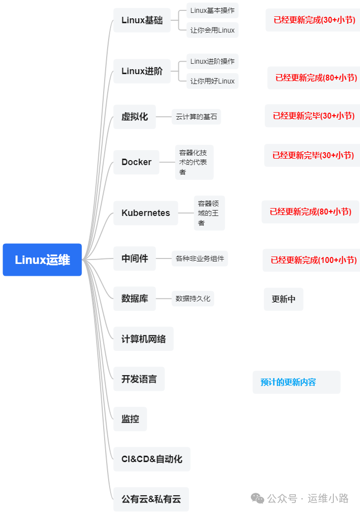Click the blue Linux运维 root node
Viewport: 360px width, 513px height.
click(42, 259)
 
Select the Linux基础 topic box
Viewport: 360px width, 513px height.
click(142, 20)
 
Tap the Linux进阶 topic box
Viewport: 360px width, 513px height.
click(142, 71)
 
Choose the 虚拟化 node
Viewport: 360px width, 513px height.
click(134, 117)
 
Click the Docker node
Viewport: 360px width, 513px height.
click(136, 162)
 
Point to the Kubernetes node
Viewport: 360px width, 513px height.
click(146, 213)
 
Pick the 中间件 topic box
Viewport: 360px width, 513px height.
click(134, 258)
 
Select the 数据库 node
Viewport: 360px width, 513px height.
click(134, 299)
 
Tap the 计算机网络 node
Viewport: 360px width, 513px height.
click(143, 339)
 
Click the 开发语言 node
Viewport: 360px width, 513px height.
click(139, 379)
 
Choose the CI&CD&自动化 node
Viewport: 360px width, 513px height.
click(152, 459)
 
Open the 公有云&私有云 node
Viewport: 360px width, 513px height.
click(151, 499)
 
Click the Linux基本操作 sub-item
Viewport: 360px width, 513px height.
click(212, 10)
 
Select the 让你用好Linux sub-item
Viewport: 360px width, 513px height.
click(212, 81)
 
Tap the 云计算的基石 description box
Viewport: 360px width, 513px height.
click(196, 117)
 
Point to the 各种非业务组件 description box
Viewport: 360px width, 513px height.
click(200, 258)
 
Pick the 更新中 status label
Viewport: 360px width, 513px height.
click(283, 299)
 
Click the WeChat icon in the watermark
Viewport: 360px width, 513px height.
click(257, 498)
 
